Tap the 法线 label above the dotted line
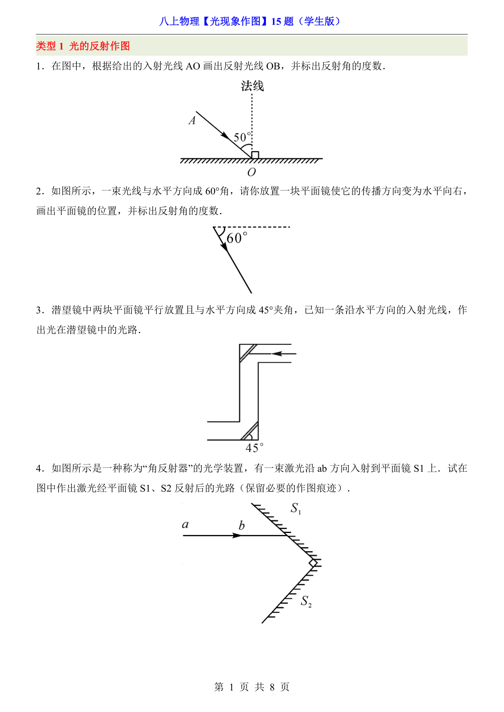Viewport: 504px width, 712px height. pyautogui.click(x=252, y=86)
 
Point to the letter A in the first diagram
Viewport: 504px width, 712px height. pyautogui.click(x=192, y=120)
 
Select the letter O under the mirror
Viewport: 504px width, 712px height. pyautogui.click(x=252, y=173)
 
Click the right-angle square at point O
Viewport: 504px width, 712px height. pyautogui.click(x=255, y=155)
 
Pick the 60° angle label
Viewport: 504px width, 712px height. pyautogui.click(x=237, y=238)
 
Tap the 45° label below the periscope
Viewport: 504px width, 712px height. pyautogui.click(x=255, y=448)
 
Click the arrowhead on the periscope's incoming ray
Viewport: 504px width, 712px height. pyautogui.click(x=277, y=354)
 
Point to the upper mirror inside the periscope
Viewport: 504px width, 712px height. pyautogui.click(x=248, y=353)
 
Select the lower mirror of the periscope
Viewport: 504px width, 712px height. pyautogui.click(x=249, y=431)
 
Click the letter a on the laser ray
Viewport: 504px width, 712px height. pyautogui.click(x=185, y=524)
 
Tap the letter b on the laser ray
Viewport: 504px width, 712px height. pyautogui.click(x=242, y=526)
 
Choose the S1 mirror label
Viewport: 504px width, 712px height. pyautogui.click(x=296, y=508)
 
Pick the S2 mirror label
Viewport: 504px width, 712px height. pyautogui.click(x=306, y=601)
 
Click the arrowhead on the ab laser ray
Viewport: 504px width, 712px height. pyautogui.click(x=237, y=535)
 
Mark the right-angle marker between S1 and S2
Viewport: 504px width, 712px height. pyautogui.click(x=313, y=563)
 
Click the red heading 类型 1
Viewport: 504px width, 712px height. pyautogui.click(x=50, y=46)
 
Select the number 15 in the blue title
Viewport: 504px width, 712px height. pyautogui.click(x=276, y=22)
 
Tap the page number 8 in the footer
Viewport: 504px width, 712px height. pyautogui.click(x=272, y=687)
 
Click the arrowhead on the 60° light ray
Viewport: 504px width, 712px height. pyautogui.click(x=224, y=246)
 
